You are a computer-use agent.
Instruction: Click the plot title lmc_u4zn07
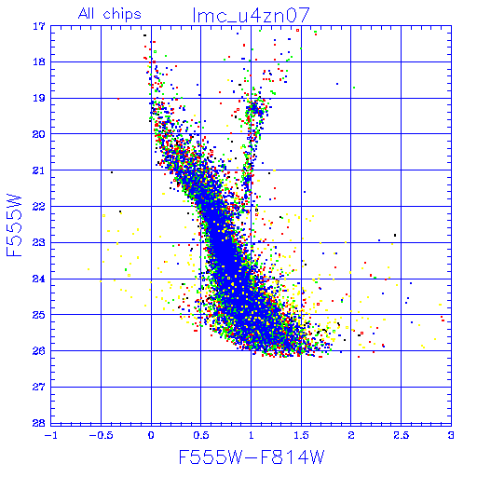(x=252, y=15)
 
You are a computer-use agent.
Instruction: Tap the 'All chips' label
(x=110, y=14)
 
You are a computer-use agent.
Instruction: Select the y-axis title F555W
(x=14, y=225)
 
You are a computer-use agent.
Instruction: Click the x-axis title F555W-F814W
(x=252, y=457)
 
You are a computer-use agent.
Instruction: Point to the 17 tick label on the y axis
(x=39, y=26)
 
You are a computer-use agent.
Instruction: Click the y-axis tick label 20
(x=39, y=134)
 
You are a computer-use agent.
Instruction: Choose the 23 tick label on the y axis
(x=39, y=242)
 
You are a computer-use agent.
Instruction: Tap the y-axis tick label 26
(x=39, y=351)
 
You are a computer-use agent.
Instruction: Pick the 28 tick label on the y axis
(x=39, y=423)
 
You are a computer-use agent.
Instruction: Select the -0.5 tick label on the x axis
(x=101, y=435)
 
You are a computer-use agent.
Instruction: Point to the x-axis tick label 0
(x=151, y=435)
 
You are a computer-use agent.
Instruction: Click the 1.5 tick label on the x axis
(x=301, y=435)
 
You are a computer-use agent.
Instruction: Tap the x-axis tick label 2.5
(x=402, y=435)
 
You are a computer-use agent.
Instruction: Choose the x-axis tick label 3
(x=451, y=435)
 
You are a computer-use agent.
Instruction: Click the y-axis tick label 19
(x=39, y=99)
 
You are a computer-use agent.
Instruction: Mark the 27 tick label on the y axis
(x=39, y=387)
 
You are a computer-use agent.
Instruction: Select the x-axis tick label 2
(x=351, y=435)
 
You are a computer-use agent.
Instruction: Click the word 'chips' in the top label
(x=122, y=14)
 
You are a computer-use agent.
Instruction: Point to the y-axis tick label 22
(x=39, y=207)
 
